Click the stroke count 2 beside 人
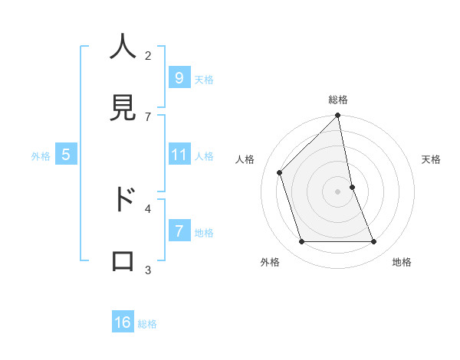coord(148,55)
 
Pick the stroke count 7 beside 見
coord(148,116)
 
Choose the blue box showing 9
coord(179,78)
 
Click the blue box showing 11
coord(179,155)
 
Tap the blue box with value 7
coord(179,231)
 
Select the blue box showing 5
coord(66,155)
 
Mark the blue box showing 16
coord(123,322)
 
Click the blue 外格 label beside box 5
coord(41,156)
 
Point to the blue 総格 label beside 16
coord(147,324)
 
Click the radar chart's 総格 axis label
coord(338,100)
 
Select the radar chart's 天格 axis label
coord(432,159)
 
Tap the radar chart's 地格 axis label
coord(402,262)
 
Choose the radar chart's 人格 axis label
coord(245,159)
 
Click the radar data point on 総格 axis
coord(338,116)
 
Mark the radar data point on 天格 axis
coord(353,187)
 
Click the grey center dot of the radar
coord(338,191)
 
